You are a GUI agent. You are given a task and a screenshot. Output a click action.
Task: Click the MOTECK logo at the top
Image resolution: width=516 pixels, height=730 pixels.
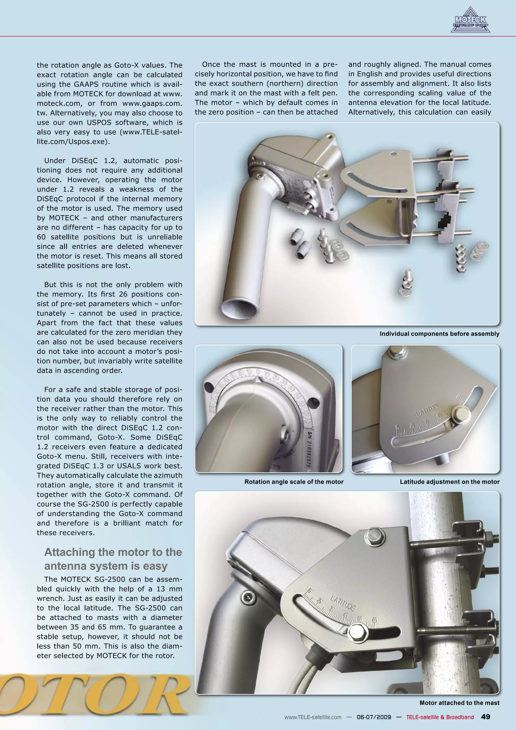tap(470, 21)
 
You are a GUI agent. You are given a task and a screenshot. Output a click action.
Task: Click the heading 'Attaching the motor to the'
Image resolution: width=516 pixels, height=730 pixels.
tap(113, 552)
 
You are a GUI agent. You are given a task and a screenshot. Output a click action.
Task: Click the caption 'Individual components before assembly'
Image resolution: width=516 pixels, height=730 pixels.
tap(439, 334)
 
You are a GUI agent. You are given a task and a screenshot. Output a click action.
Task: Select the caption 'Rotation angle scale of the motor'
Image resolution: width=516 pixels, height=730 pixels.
tap(294, 482)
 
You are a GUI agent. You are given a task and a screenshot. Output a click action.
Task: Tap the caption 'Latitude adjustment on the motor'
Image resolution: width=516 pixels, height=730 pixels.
tap(449, 482)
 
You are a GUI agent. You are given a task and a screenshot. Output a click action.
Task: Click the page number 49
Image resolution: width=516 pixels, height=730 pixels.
tap(486, 717)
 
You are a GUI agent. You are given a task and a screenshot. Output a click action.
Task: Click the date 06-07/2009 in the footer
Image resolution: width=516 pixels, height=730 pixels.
tap(374, 717)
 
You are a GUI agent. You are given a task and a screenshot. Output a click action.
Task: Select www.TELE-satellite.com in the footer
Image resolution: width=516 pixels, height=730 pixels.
tap(313, 717)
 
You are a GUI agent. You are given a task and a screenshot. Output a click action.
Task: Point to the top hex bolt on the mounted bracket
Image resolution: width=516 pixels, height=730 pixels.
tap(375, 535)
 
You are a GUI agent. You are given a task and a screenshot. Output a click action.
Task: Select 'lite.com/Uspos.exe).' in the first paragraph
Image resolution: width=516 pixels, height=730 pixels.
tap(73, 141)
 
